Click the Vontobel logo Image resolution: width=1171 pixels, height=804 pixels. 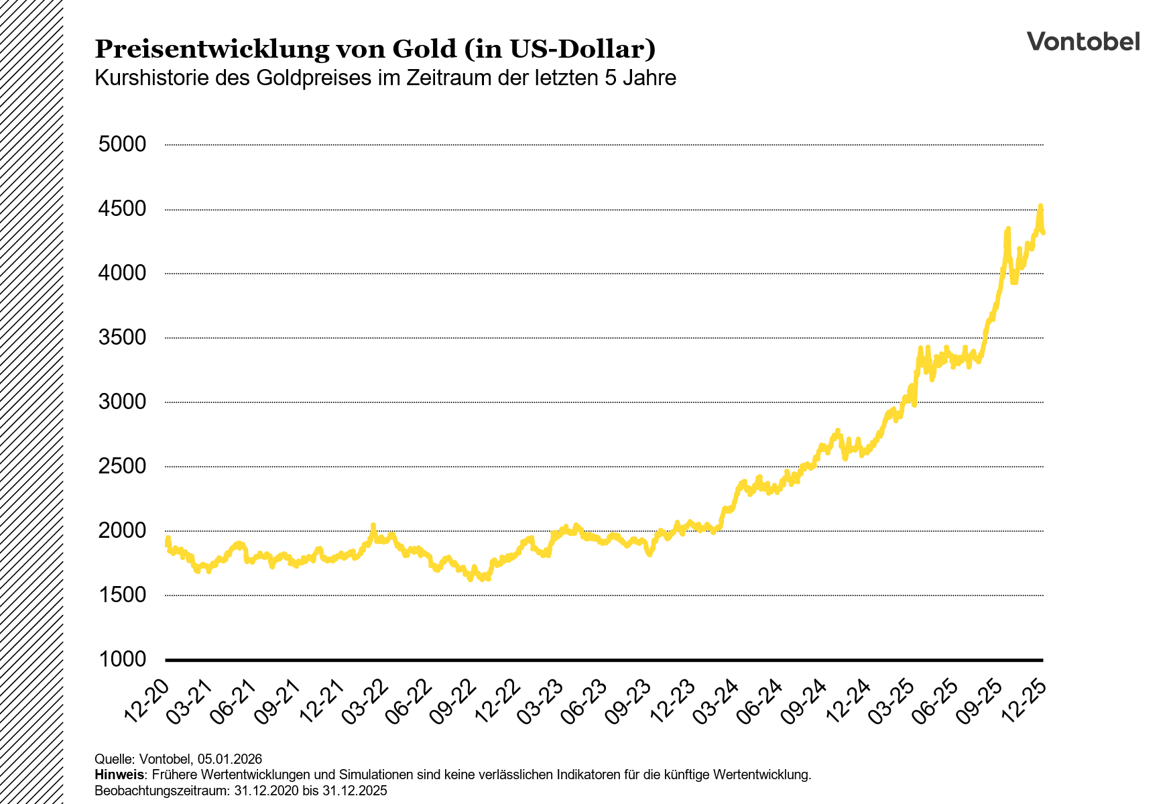coord(1083,42)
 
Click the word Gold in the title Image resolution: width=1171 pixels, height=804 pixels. coord(424,49)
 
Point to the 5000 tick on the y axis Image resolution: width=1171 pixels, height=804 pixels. coord(122,144)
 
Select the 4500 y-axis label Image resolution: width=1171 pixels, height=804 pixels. coord(122,209)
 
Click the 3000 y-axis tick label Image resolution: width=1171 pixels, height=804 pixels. coord(122,402)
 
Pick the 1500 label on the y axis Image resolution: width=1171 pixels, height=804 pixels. coord(122,595)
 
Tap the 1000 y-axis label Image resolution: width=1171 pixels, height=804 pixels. coord(122,659)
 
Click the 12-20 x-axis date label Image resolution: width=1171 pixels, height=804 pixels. coord(147,701)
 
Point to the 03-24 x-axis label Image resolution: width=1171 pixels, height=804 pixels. coord(717,701)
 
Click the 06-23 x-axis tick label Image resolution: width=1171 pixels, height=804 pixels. coord(585,701)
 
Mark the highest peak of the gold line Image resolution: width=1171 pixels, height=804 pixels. coord(1040,206)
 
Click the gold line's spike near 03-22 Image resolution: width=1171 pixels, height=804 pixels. coord(373,525)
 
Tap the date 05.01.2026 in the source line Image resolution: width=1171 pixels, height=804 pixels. coord(230,759)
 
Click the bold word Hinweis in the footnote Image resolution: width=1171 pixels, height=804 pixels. coord(119,775)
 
